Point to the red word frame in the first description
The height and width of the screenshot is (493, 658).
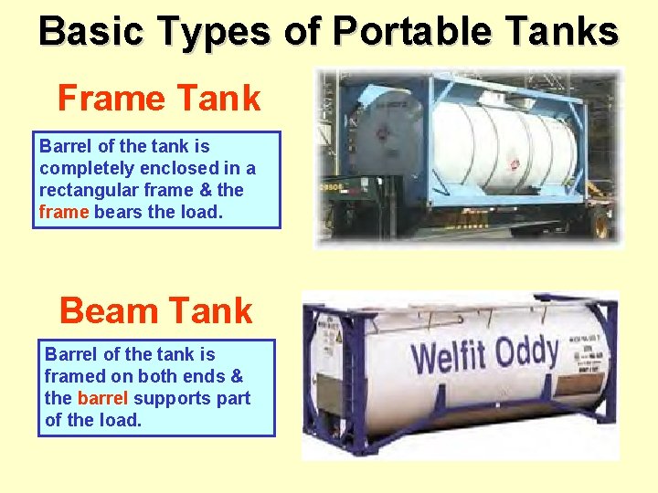[x=64, y=212]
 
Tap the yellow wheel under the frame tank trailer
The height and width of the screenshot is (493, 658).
[x=602, y=224]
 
